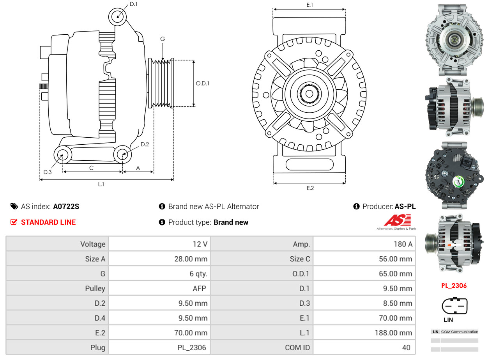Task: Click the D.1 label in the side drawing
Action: (133, 4)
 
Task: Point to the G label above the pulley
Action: (163, 39)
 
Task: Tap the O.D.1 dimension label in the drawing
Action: (202, 83)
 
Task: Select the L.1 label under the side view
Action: (101, 184)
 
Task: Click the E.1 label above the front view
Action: (310, 5)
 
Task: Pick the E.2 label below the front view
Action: (310, 188)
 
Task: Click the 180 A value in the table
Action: (403, 244)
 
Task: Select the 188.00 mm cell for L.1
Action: (394, 333)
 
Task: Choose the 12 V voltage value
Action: (200, 244)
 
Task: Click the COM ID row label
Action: (297, 348)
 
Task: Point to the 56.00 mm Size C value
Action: (395, 259)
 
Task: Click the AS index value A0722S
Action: (66, 206)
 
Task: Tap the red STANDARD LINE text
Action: (48, 222)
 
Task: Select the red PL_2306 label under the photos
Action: (454, 286)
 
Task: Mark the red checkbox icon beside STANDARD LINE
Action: (14, 222)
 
